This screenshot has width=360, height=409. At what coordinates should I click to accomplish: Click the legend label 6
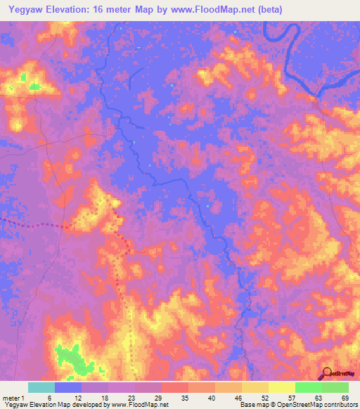[x=41, y=398]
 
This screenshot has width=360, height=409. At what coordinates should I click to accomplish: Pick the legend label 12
[x=67, y=398]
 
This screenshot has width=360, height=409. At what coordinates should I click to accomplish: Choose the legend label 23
[x=121, y=398]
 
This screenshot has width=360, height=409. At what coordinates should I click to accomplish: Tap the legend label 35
[x=174, y=398]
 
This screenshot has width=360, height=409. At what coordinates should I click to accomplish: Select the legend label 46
[x=228, y=398]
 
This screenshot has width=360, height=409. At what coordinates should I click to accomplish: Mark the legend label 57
[x=281, y=398]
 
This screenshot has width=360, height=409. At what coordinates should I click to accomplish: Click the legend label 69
[x=335, y=398]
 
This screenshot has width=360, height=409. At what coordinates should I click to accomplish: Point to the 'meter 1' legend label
[x=14, y=398]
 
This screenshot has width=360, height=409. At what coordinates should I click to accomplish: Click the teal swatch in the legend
[x=41, y=387]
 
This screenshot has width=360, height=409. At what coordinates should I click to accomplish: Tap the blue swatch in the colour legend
[x=68, y=387]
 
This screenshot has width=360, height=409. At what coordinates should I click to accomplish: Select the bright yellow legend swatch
[x=282, y=387]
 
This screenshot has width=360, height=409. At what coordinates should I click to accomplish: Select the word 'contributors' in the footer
[x=338, y=405]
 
